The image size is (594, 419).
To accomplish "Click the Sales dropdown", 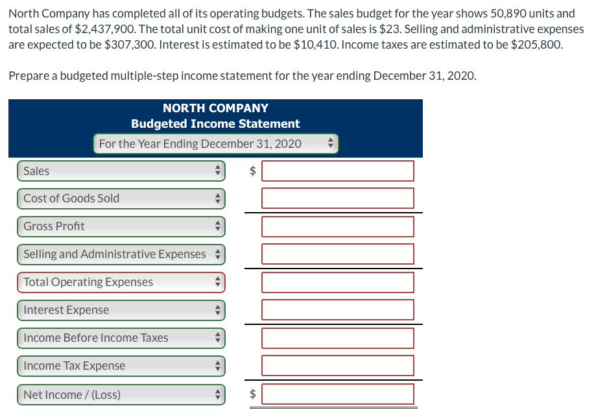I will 121,171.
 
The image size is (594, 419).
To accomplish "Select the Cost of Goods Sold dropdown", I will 121,198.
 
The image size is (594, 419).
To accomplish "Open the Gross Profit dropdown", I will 121,226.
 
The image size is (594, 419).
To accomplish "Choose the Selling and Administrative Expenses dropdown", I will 121,254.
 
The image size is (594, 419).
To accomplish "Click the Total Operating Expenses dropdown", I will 121,282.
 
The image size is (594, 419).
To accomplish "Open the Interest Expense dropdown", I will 121,310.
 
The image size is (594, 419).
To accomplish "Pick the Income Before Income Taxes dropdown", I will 121,338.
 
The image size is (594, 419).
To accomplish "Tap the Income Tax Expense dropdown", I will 121,366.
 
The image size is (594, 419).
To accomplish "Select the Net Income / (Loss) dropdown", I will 121,394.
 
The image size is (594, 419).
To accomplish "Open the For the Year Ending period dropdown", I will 216,143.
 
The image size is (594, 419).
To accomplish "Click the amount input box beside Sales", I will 337,171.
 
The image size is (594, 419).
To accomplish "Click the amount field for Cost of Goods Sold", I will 337,198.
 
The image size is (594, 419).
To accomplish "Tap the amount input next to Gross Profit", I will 337,226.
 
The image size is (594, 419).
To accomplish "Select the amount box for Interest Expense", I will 337,310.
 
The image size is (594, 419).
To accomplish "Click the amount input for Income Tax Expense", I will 337,366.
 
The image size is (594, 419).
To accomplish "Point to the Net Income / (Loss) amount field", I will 337,394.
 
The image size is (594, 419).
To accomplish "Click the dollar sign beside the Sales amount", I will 254,171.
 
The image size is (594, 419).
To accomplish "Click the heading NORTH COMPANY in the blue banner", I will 215,108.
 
